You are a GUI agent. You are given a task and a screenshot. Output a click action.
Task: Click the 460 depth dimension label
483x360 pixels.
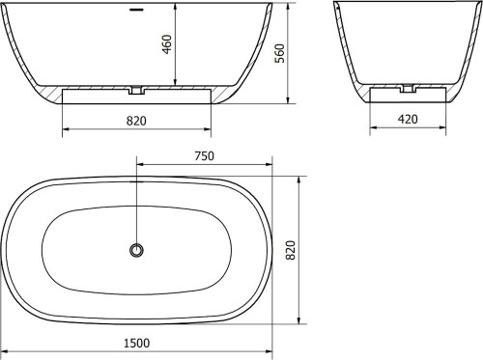coord(167,44)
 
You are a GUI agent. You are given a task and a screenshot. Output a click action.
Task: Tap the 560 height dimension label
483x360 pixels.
coord(279,53)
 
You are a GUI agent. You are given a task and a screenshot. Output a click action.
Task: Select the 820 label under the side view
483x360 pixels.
coord(136,121)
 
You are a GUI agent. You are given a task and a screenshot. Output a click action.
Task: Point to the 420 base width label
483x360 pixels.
coord(408,119)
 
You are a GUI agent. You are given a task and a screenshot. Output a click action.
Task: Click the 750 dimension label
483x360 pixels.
coord(204,156)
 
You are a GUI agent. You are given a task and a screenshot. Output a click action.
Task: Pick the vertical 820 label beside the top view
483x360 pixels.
coord(291,250)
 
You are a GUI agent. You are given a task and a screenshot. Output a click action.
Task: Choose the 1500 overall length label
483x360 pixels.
coord(136,343)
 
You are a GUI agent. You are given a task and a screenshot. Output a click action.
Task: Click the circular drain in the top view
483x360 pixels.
coord(137,250)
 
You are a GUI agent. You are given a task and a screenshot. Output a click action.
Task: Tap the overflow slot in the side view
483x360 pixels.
coord(136,10)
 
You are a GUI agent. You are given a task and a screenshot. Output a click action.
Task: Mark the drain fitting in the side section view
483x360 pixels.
coord(137,90)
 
